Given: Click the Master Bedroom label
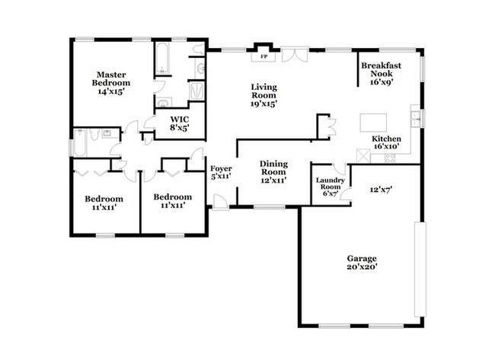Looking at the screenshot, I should (110, 78).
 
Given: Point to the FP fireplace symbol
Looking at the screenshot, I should (264, 56).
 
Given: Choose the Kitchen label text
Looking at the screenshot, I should (386, 139).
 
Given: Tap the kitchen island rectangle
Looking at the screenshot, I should (375, 123).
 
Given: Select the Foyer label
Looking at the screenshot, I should (221, 168).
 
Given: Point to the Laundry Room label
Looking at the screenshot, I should (331, 183).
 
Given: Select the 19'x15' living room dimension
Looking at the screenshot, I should (264, 104).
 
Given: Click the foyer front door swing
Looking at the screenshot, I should (219, 201).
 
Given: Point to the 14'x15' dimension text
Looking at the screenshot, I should (110, 91).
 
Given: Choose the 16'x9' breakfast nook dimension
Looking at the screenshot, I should (382, 83).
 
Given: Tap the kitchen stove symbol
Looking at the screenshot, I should (389, 158).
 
